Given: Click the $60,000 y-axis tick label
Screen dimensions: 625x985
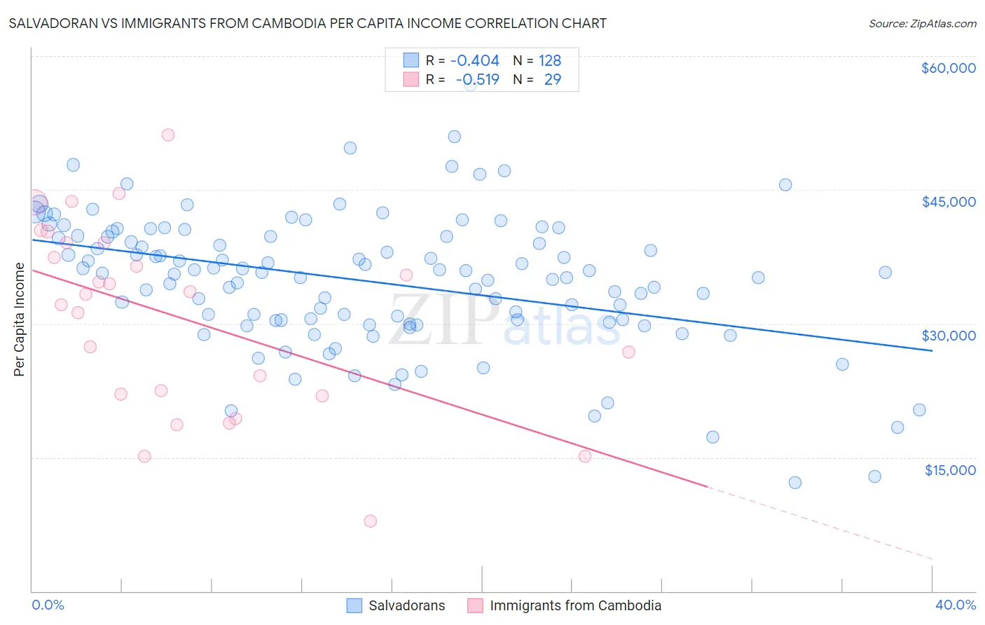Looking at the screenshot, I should tap(948, 68).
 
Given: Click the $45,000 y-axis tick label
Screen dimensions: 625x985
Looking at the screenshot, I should tap(948, 202).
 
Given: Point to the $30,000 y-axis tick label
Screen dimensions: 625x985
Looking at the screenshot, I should tap(948, 336).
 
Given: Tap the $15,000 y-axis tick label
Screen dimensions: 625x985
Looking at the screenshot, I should tap(949, 470).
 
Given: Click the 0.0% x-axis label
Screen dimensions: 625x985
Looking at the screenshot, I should tap(48, 605).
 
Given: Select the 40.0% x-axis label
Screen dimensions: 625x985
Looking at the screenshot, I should tap(955, 605).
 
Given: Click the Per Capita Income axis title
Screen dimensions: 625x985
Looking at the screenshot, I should tap(20, 319).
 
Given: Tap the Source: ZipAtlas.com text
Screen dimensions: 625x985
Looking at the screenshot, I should tap(922, 23).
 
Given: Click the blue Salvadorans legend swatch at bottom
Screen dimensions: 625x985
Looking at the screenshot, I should tap(354, 605).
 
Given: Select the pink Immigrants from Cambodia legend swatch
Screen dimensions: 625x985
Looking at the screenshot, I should tap(475, 605).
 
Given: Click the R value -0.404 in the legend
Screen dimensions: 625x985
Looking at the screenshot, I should tap(474, 61).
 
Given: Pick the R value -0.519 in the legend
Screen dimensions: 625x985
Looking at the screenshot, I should tap(477, 79).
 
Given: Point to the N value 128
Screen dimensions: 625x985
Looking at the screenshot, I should tap(549, 61).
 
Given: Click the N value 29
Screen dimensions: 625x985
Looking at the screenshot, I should tap(552, 79).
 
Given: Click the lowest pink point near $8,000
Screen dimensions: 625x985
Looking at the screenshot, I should tap(370, 521).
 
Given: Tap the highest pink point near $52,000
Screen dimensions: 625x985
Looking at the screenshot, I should tap(167, 135).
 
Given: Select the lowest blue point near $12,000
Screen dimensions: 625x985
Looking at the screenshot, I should tap(794, 482).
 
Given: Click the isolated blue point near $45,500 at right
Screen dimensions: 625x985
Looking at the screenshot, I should tap(785, 185).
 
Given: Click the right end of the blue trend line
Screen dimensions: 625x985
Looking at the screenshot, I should tap(932, 350).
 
